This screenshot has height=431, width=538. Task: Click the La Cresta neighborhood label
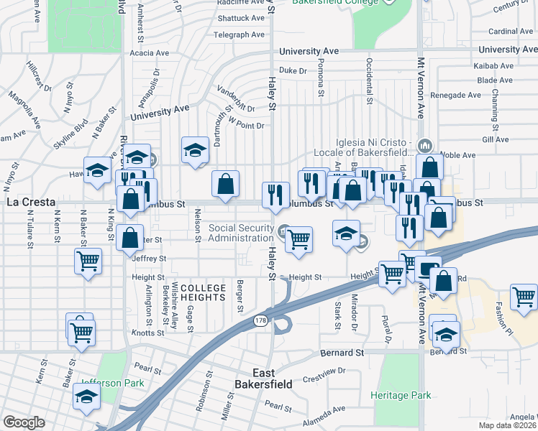[x=31, y=203]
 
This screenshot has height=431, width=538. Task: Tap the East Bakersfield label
[x=273, y=379]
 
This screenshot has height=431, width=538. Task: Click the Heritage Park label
[x=401, y=395]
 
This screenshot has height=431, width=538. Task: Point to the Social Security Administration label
[x=241, y=233]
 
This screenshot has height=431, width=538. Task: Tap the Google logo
[x=23, y=422]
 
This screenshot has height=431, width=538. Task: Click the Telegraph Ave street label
[x=240, y=34]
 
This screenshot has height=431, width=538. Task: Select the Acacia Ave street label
[x=149, y=52]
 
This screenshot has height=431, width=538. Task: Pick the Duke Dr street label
[x=293, y=70]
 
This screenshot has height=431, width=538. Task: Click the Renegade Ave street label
[x=455, y=95]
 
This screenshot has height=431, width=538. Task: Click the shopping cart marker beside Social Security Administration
[x=298, y=240]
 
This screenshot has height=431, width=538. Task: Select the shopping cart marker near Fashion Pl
[x=524, y=296]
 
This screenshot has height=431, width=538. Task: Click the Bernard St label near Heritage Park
[x=341, y=353]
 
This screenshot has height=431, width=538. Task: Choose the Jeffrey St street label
[x=149, y=259]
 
